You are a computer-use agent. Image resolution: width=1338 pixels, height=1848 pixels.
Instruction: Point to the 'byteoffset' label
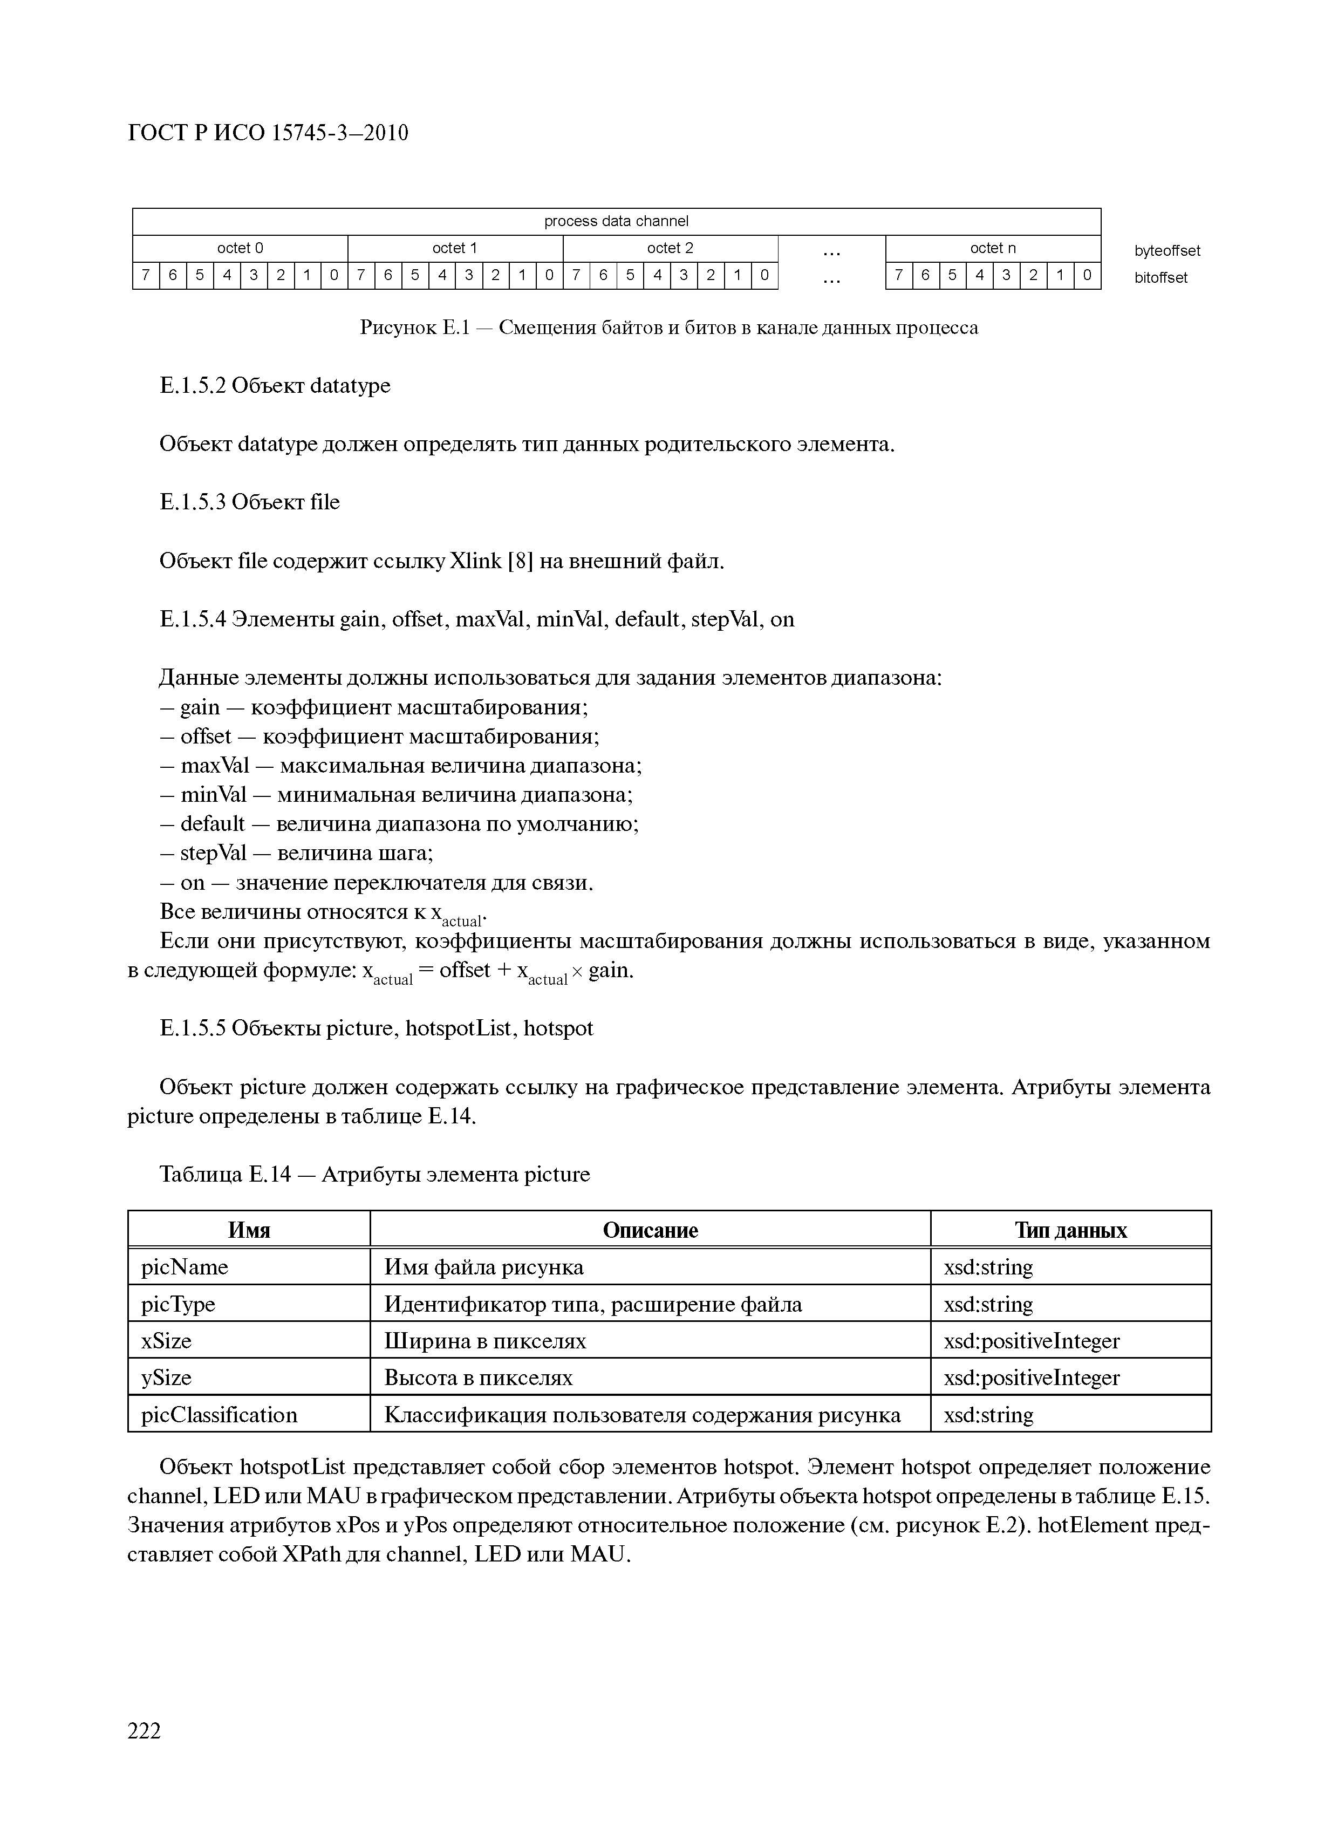(x=1167, y=251)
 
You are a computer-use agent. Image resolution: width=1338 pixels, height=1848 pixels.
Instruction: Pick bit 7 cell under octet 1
(x=361, y=275)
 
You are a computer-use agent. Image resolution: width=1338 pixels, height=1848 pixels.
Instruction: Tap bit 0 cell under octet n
(x=1087, y=275)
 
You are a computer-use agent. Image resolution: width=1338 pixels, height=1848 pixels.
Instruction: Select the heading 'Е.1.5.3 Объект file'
(x=249, y=502)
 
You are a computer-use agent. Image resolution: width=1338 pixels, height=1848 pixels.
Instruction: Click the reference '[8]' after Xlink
(x=520, y=561)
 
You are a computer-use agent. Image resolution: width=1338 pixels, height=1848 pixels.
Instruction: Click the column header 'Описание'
(x=650, y=1230)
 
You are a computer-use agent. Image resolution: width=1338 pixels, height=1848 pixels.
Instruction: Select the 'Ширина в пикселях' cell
(x=485, y=1340)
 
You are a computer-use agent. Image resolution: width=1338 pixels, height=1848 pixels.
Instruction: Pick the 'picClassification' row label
(x=219, y=1415)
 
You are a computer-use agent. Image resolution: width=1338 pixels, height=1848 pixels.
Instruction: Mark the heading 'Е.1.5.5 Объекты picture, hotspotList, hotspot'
(x=377, y=1028)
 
